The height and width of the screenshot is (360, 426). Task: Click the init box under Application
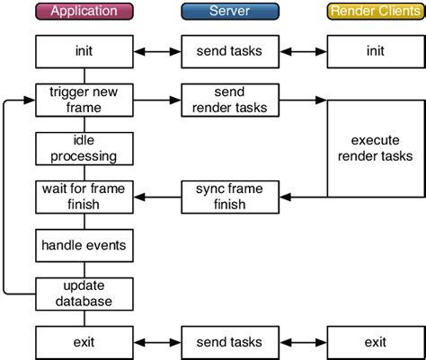pos(84,50)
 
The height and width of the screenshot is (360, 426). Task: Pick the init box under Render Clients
pos(375,50)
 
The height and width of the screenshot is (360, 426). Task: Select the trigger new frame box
pos(84,100)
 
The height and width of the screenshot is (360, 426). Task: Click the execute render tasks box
pos(375,148)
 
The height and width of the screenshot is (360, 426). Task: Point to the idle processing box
pos(84,148)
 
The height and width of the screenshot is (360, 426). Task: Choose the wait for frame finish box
pos(84,197)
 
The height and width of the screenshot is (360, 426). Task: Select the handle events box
pos(84,243)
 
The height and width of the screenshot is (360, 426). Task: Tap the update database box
pos(84,292)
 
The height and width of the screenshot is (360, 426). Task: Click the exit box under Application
pos(84,341)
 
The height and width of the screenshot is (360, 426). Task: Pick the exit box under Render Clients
pos(375,341)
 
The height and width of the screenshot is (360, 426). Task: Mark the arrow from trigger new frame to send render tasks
pos(156,100)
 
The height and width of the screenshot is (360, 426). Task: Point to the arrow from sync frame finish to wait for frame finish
pos(156,197)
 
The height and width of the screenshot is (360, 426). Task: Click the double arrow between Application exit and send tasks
pos(156,341)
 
